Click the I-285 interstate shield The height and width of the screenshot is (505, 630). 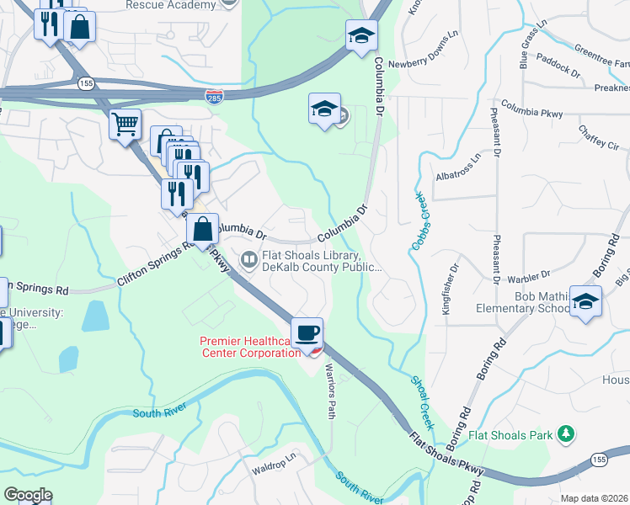click(x=215, y=98)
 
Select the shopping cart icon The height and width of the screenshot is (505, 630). click(x=125, y=125)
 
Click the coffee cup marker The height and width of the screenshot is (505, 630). click(x=307, y=332)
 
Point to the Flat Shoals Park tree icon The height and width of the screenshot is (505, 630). click(x=568, y=434)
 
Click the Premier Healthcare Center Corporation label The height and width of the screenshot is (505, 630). click(x=249, y=347)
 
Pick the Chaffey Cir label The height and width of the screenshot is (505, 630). click(x=598, y=136)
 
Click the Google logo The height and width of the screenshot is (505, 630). click(x=28, y=495)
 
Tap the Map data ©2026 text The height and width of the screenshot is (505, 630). click(x=594, y=498)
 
